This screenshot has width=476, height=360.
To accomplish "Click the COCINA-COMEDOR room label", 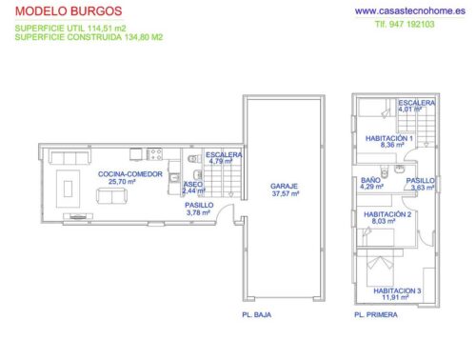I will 129,174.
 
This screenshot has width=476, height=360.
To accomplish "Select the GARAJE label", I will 284,186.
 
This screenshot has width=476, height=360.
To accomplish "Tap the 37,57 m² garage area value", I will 284,193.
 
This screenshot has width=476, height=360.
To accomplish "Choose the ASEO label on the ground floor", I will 193,184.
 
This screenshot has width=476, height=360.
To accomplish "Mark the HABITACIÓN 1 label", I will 388,138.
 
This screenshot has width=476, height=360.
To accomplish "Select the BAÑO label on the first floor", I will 371,179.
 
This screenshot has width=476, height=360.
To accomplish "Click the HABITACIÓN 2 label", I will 388,214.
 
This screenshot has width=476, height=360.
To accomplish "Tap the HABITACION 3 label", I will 396,290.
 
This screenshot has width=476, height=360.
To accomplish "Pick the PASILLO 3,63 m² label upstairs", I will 420,180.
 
